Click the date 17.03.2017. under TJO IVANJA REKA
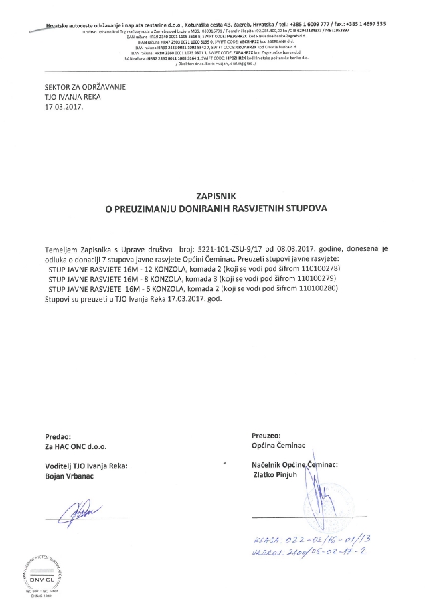click(x=65, y=106)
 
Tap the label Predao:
click(x=58, y=435)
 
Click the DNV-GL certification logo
click(x=45, y=566)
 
